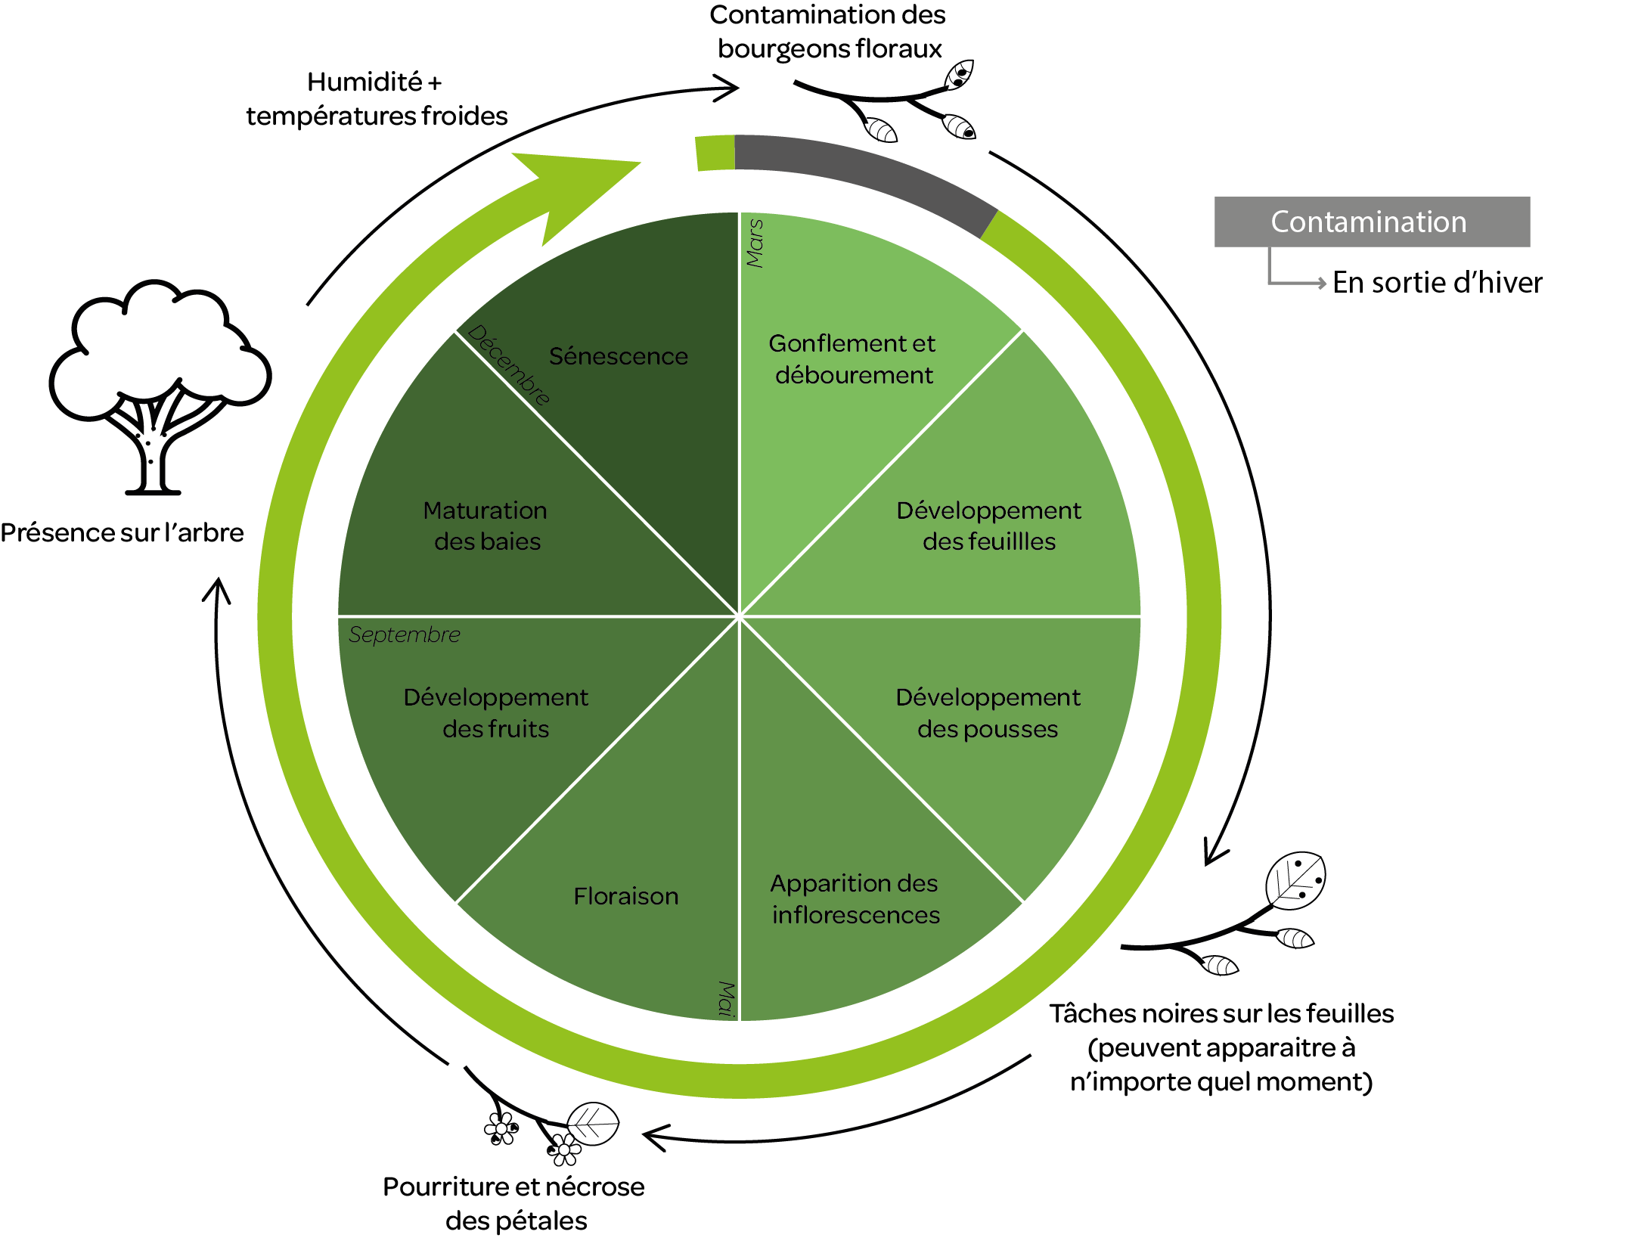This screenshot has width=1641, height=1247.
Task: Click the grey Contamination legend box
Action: (x=1371, y=222)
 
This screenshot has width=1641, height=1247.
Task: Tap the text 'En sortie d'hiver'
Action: (x=1436, y=283)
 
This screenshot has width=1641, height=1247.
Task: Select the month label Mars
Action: (x=755, y=244)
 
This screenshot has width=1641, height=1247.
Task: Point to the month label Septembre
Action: (x=404, y=634)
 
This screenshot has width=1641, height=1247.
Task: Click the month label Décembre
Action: (x=509, y=365)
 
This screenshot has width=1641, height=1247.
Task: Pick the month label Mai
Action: (x=726, y=998)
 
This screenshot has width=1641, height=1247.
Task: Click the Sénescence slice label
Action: (x=618, y=356)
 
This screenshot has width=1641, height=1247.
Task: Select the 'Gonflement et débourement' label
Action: (x=852, y=359)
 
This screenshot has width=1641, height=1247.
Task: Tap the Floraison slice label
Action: (x=625, y=896)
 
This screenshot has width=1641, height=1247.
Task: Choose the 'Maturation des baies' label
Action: (x=485, y=526)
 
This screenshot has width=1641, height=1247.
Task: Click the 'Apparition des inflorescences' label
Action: (x=855, y=899)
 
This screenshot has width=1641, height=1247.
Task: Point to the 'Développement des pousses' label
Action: (x=988, y=712)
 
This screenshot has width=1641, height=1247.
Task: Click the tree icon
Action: (x=159, y=386)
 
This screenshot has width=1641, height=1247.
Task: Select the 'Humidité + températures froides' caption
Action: (x=376, y=99)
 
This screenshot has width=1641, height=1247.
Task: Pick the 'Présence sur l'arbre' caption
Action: (x=122, y=532)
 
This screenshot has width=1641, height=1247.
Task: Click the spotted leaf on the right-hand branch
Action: (x=1296, y=880)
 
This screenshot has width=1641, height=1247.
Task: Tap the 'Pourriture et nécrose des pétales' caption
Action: (x=514, y=1203)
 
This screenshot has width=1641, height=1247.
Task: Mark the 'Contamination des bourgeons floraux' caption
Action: (x=828, y=32)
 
